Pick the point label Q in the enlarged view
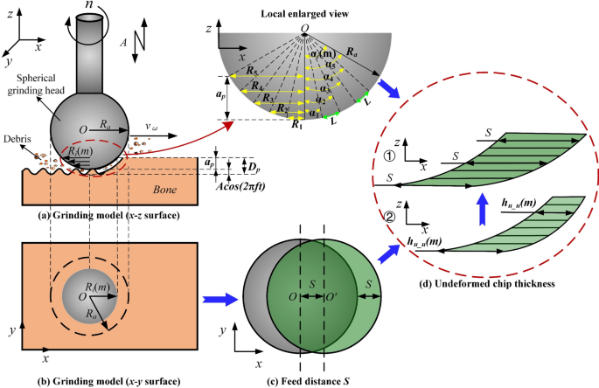click(x=306, y=24)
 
